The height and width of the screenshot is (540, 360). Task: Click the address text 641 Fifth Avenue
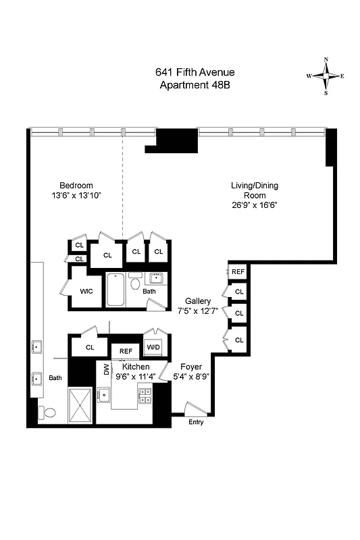(x=195, y=72)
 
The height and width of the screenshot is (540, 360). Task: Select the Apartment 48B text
(x=195, y=84)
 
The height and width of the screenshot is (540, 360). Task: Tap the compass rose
(x=326, y=76)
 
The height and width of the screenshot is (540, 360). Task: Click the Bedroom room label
(x=76, y=186)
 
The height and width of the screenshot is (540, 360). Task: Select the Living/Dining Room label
(x=254, y=190)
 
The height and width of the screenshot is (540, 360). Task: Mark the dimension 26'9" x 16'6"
(x=254, y=207)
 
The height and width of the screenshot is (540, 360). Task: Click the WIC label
(x=86, y=292)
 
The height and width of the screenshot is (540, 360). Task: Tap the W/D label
(x=154, y=347)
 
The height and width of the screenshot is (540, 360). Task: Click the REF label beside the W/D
(x=126, y=351)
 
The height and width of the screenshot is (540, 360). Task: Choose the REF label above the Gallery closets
(x=238, y=271)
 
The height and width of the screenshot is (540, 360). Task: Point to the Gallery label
(x=198, y=301)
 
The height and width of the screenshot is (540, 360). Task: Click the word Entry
(x=196, y=423)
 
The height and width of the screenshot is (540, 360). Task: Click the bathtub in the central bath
(x=115, y=290)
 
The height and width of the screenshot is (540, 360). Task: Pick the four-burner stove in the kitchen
(x=145, y=397)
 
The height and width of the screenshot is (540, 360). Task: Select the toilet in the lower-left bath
(x=47, y=412)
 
